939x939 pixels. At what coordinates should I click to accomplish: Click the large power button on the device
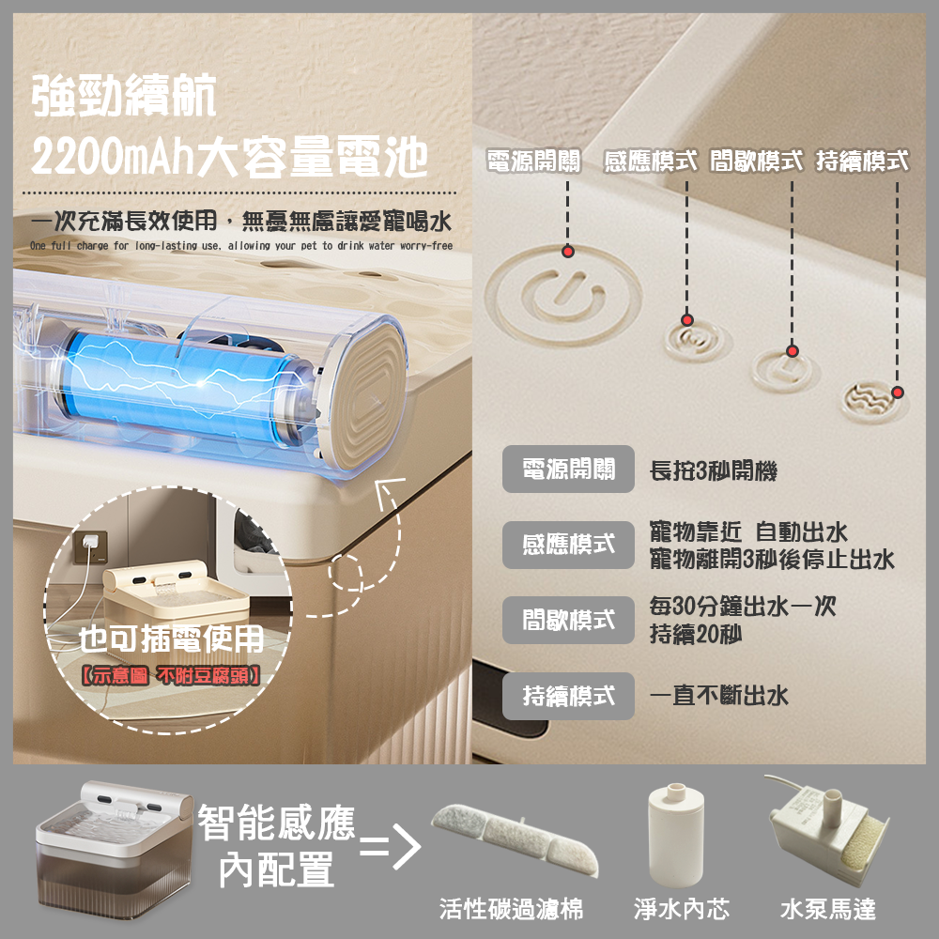point(563,295)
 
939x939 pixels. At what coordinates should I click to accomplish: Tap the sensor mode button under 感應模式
point(697,340)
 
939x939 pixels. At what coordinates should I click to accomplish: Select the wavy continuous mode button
point(872,401)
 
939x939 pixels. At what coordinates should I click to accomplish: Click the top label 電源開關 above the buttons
point(533,162)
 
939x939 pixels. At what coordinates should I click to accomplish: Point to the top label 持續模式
point(862,162)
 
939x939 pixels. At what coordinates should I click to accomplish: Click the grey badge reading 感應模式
point(568,545)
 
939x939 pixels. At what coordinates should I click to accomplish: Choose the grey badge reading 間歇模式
point(568,620)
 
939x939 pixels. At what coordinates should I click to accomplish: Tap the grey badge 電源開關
point(568,469)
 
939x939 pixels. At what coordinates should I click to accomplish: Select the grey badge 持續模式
point(568,696)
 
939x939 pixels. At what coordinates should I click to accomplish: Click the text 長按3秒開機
point(714,470)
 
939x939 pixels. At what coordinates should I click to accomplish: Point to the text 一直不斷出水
point(718,696)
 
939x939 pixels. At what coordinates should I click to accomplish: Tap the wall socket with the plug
point(90,546)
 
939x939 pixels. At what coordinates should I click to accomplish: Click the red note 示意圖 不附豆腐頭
point(171,676)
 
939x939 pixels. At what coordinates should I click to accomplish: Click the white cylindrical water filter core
point(675,834)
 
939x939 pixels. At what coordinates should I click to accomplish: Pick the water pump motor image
point(826,830)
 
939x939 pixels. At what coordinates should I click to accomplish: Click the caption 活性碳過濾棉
point(511,909)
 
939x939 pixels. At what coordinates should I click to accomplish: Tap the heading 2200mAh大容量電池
point(229,157)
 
